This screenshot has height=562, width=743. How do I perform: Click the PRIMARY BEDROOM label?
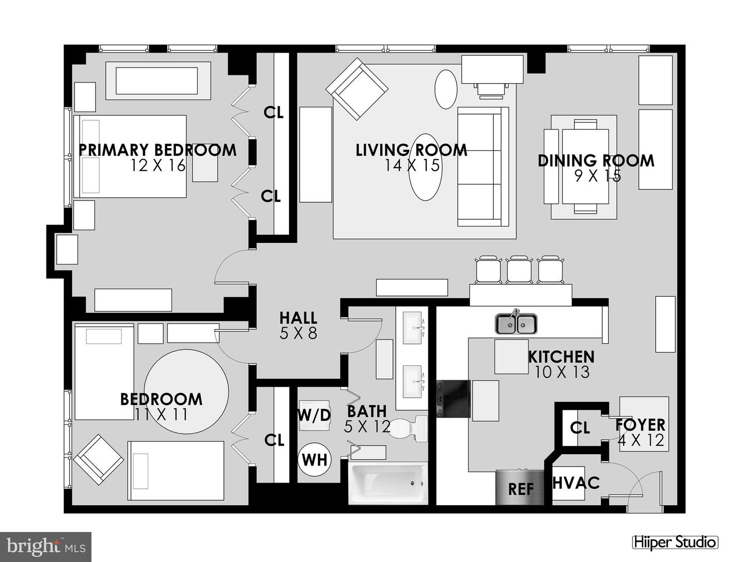157,150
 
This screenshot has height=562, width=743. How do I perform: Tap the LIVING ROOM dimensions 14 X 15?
412,166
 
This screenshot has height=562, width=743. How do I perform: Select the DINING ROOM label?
596,160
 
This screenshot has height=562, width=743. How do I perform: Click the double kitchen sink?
516,324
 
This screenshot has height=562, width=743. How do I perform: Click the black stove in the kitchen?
453,398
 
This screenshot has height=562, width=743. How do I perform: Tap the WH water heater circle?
315,459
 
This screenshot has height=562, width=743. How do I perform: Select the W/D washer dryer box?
315,415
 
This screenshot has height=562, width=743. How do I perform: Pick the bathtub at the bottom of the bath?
388,483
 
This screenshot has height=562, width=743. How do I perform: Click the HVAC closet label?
576,483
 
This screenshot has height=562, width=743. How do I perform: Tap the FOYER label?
640,425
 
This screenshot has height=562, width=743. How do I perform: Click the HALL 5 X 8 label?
298,325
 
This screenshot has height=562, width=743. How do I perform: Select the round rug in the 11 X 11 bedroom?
186,392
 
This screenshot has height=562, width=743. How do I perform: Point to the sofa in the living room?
483,166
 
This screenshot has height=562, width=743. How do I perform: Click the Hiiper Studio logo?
675,542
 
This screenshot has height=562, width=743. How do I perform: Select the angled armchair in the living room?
357,88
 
